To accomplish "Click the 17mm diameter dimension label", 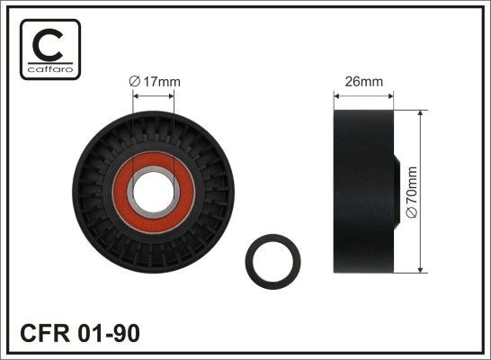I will [156, 82].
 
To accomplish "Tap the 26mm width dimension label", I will [364, 82].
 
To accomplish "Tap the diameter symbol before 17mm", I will [135, 82].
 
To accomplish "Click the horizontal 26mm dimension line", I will [364, 97].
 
